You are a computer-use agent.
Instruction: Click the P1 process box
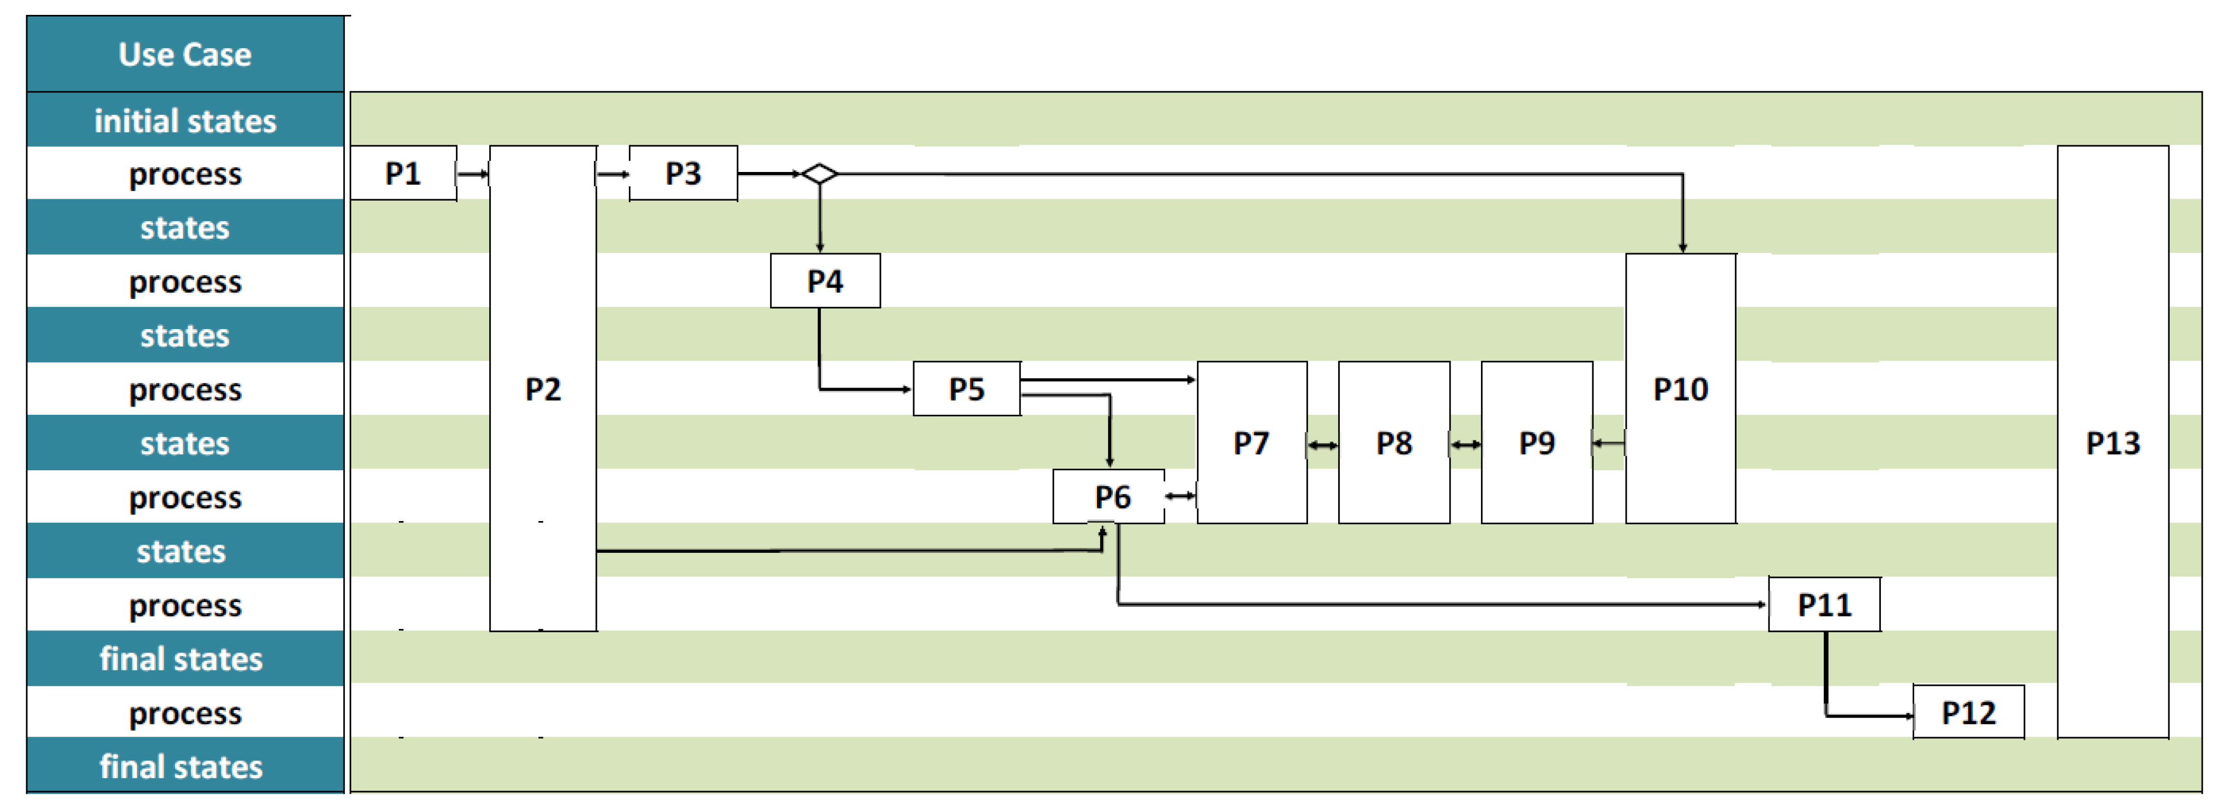402,174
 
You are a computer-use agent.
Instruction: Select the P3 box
683,174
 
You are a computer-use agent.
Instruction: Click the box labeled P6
1110,496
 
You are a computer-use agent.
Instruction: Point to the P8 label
1394,443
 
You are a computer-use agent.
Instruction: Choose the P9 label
1536,443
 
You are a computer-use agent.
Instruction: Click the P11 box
1824,605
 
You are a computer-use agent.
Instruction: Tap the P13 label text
2113,443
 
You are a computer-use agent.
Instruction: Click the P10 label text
1680,389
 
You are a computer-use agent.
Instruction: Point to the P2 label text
543,389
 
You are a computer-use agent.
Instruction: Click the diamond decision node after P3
819,174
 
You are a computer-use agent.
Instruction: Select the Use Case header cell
185,54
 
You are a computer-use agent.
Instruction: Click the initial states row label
185,121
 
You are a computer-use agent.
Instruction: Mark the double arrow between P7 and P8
1322,445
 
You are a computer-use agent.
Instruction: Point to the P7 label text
1251,443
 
